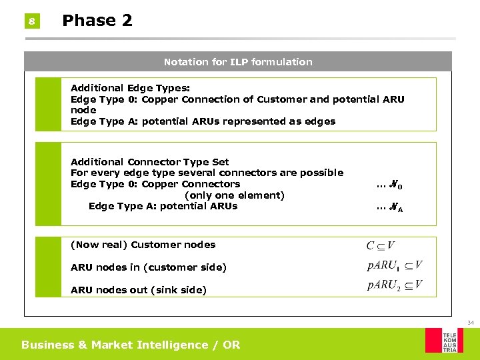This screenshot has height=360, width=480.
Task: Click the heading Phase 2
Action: click(97, 21)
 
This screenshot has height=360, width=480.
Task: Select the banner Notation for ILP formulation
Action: click(238, 62)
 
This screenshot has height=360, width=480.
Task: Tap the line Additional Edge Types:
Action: click(130, 88)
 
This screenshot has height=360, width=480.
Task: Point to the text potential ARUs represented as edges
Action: click(239, 121)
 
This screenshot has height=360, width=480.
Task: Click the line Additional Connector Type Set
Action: click(149, 162)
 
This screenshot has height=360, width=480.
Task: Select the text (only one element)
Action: click(234, 195)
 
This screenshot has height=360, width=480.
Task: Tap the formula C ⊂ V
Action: click(380, 246)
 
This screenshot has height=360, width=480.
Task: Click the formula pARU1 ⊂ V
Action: click(394, 266)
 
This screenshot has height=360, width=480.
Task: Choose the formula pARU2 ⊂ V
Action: click(394, 286)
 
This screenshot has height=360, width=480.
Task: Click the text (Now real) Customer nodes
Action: click(143, 245)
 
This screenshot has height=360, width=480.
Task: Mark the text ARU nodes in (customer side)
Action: click(148, 267)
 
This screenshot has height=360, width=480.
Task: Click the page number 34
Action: click(470, 323)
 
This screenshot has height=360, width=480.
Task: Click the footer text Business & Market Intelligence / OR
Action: click(130, 345)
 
